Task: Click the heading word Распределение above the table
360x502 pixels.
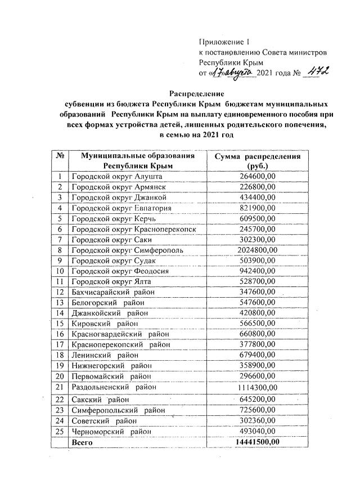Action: click(x=197, y=93)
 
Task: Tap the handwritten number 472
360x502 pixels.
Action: click(x=317, y=72)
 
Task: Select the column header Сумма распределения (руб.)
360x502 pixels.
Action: click(x=258, y=161)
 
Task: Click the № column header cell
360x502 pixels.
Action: click(x=59, y=161)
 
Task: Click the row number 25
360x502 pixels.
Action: click(x=59, y=431)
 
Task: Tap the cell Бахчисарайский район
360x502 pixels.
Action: click(x=112, y=292)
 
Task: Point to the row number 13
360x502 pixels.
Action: click(x=59, y=303)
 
